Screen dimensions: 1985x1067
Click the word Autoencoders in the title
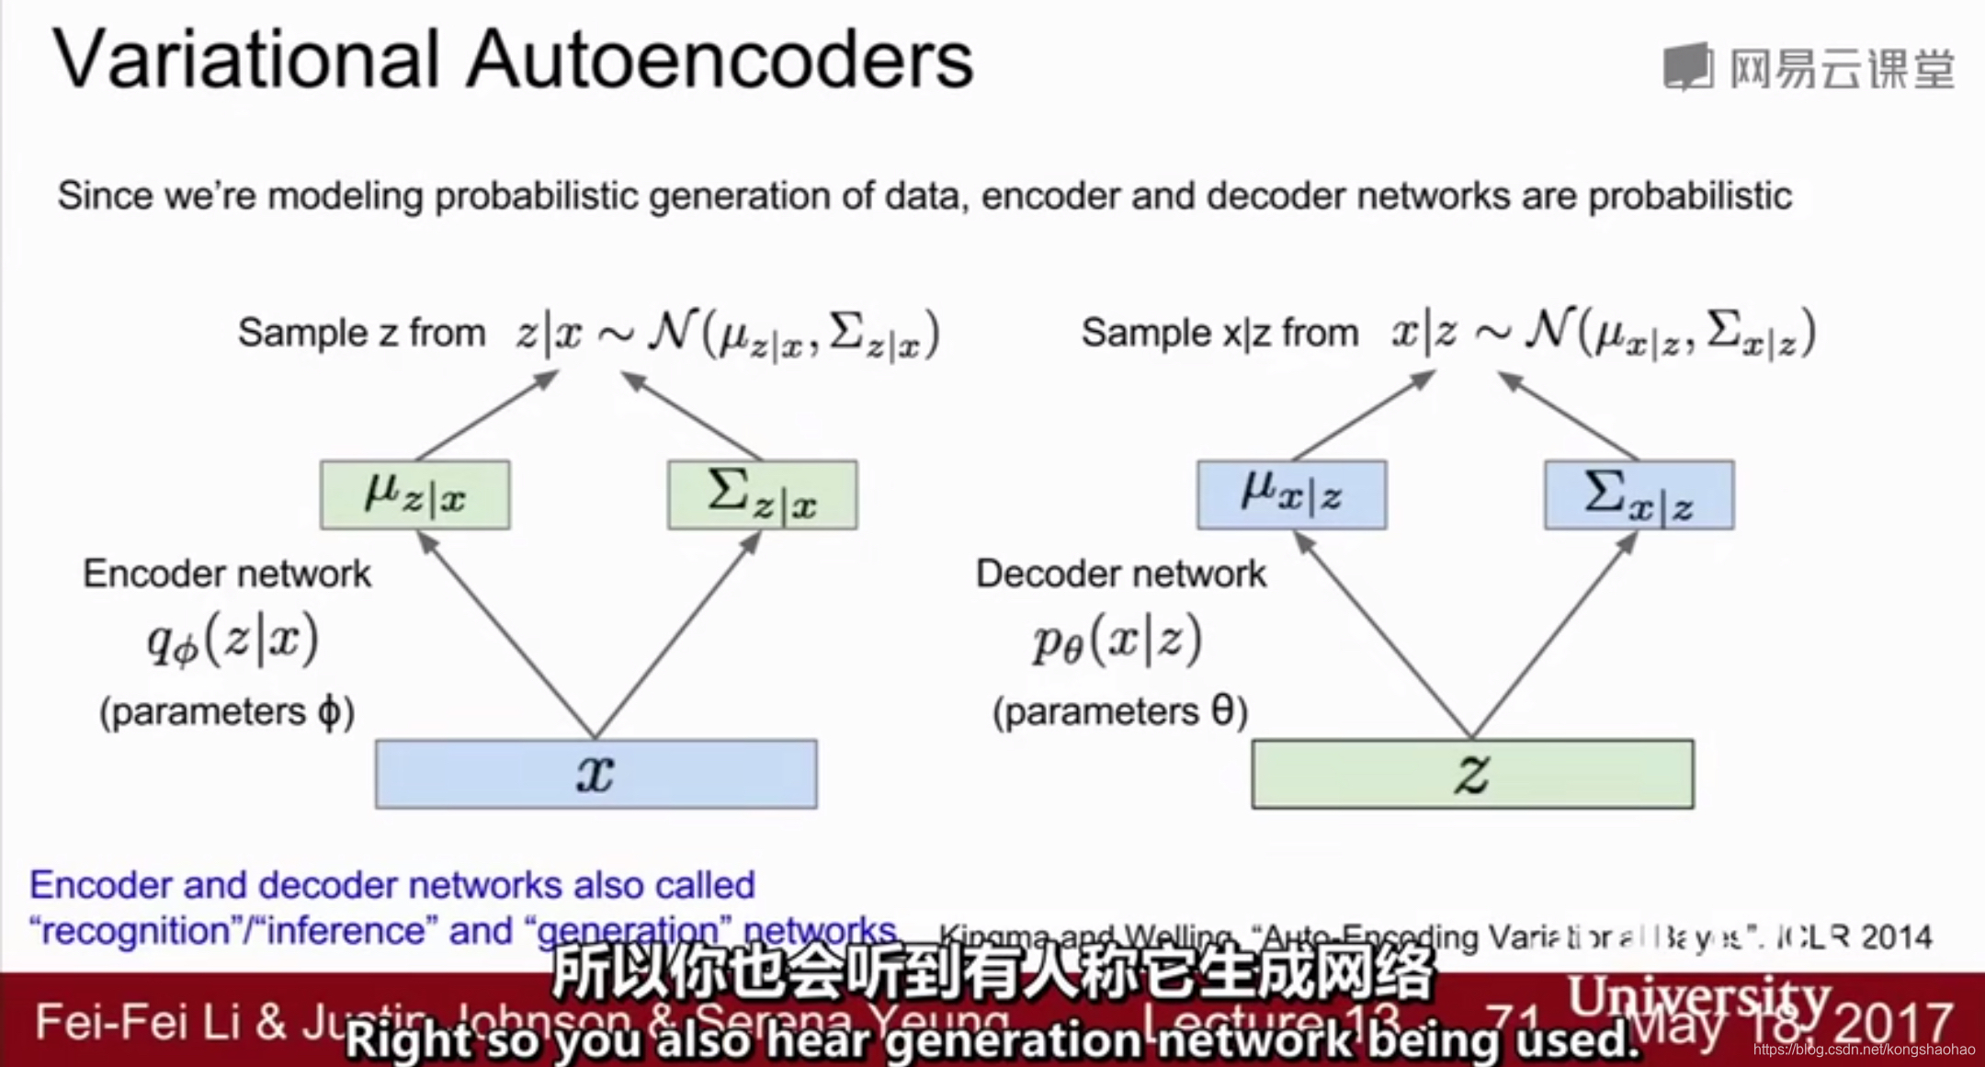pos(720,61)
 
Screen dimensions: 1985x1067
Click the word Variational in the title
pos(246,61)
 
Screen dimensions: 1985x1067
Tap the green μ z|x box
pos(415,495)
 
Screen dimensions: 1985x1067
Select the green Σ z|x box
pos(763,495)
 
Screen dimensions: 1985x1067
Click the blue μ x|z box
pos(1291,495)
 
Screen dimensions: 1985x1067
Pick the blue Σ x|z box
pos(1639,495)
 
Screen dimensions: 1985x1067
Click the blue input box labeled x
pos(595,774)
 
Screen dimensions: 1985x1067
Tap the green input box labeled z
pos(1472,774)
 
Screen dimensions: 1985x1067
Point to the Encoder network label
pos(227,573)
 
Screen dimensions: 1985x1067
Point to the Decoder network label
pos(1120,573)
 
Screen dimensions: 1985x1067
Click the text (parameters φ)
pos(227,711)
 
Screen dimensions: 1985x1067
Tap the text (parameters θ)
pos(1120,711)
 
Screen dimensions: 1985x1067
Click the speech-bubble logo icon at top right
pos(1688,66)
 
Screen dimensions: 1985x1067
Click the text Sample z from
pos(361,333)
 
